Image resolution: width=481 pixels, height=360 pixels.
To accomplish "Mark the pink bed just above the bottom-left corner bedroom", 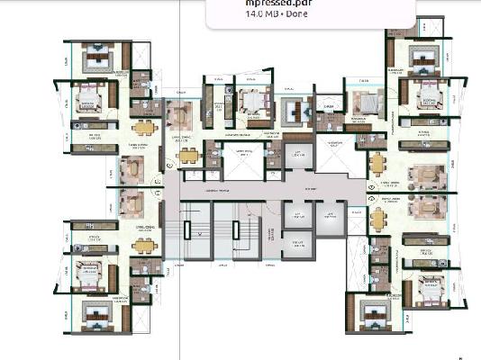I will [x=90, y=274].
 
